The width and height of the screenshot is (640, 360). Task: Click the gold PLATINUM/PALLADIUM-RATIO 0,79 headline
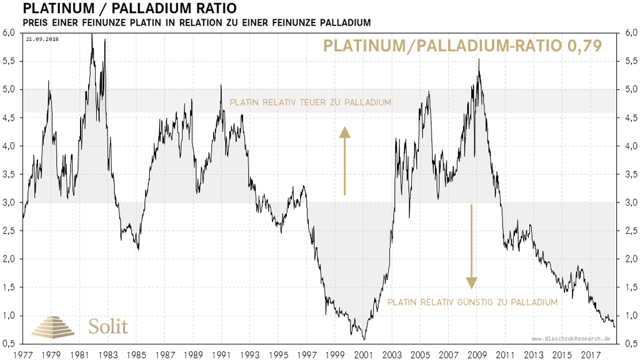(x=462, y=46)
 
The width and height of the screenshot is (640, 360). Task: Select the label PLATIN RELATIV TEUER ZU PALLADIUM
(x=311, y=102)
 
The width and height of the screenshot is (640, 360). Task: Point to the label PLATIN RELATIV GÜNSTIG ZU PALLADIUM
(x=472, y=302)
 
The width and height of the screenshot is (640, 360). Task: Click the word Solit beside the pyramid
(x=108, y=326)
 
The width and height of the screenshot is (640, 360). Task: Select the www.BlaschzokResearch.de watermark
(x=571, y=338)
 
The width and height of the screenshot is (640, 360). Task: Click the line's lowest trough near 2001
(x=364, y=339)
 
